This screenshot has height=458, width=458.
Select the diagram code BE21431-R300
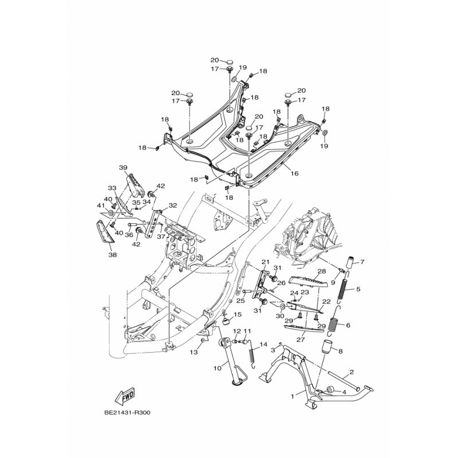127,413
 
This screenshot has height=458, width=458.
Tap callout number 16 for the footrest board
295,173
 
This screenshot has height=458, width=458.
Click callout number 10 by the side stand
218,368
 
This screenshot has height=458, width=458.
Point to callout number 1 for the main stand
293,396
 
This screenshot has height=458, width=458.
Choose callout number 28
322,271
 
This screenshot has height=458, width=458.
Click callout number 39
123,168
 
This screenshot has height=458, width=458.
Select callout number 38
112,255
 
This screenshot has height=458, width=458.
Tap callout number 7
362,262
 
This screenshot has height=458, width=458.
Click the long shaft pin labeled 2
343,381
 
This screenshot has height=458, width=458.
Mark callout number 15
238,314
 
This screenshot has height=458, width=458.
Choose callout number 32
173,206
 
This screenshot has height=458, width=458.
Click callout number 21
265,262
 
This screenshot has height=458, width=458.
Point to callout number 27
301,339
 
